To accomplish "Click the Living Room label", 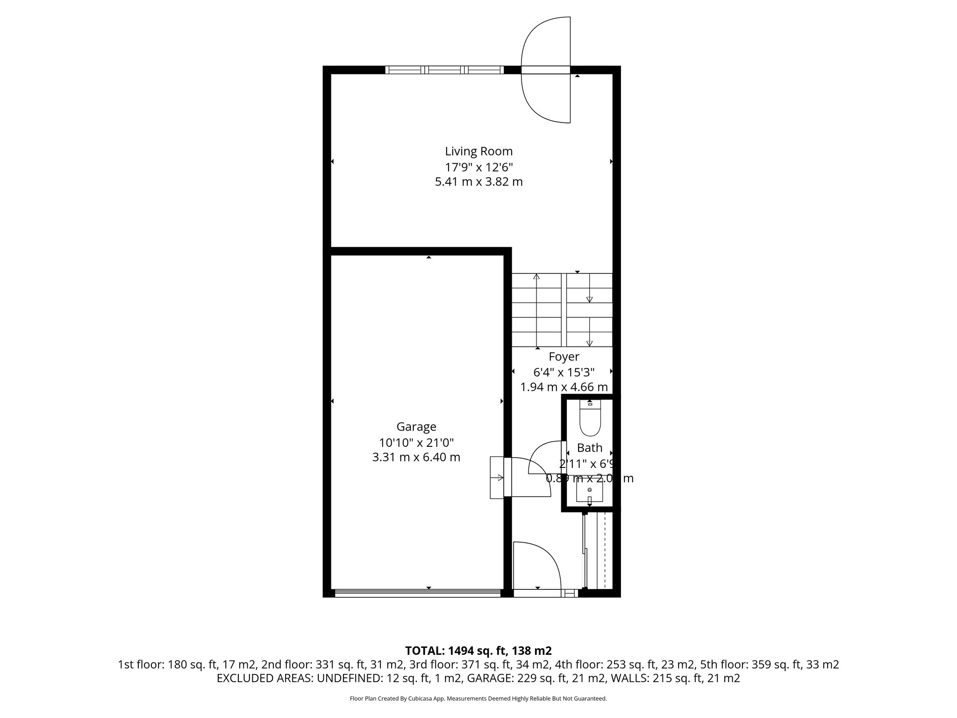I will click(x=478, y=151).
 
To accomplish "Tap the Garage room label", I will click(x=416, y=427).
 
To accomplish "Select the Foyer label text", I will click(x=564, y=357).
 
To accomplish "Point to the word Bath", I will click(x=589, y=448).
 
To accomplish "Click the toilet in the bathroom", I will click(x=590, y=418).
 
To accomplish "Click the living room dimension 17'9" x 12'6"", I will click(x=478, y=167).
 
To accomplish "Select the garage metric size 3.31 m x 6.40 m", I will click(x=416, y=457).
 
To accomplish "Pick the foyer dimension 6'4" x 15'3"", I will click(x=564, y=372).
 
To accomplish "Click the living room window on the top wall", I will click(x=444, y=70).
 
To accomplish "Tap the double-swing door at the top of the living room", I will click(x=546, y=70).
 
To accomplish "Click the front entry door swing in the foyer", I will click(x=536, y=568).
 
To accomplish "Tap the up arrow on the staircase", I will click(x=536, y=277).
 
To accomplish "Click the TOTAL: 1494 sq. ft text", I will click(x=478, y=651).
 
